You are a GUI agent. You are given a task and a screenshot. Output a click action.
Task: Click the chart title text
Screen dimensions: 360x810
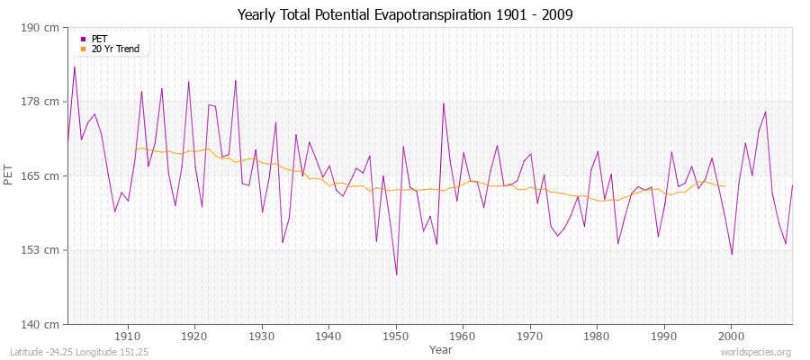click(x=404, y=14)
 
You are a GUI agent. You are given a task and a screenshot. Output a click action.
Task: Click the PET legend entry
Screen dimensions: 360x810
click(x=100, y=39)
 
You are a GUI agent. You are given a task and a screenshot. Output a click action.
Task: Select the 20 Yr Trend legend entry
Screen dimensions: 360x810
click(x=116, y=49)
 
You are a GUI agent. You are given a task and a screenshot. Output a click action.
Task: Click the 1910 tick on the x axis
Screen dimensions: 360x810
click(x=128, y=335)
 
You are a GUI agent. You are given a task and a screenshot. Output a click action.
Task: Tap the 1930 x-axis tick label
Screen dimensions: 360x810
click(x=262, y=335)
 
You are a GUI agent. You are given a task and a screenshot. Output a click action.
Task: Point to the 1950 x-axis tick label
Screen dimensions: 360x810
click(x=396, y=335)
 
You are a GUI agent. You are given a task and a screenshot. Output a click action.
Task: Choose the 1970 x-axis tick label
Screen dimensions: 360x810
click(x=530, y=335)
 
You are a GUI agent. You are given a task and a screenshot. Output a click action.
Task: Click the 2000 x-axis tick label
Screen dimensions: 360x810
click(x=731, y=335)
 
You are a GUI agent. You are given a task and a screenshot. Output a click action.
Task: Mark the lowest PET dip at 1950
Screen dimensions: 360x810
click(x=396, y=274)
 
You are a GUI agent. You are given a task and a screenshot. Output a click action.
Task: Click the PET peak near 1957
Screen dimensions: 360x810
click(x=443, y=103)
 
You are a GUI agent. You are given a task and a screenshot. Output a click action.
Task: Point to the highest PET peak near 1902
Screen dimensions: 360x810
click(x=75, y=67)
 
